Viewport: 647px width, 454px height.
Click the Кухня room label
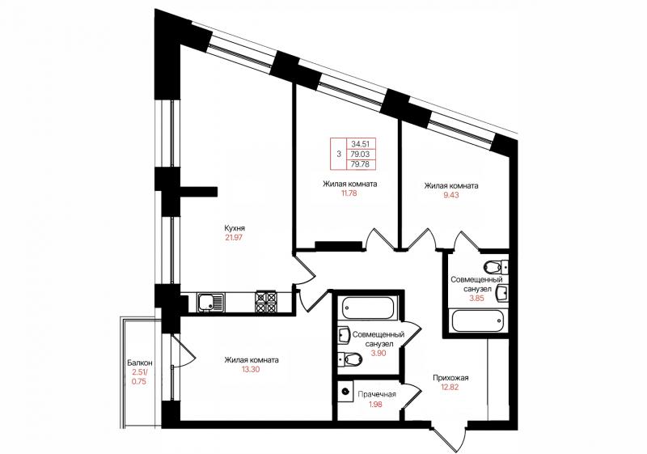(x=235, y=228)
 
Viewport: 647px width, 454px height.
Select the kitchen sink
(x=210, y=303)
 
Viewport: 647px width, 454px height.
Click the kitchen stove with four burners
(x=266, y=303)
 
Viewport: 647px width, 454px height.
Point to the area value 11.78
(x=347, y=193)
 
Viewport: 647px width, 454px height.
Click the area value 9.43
(x=451, y=195)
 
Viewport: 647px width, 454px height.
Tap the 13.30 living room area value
(x=251, y=370)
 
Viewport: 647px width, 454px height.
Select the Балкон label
(x=139, y=363)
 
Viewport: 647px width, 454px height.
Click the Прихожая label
(x=450, y=378)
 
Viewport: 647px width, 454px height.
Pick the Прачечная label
(x=377, y=395)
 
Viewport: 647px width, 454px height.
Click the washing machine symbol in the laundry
(x=346, y=390)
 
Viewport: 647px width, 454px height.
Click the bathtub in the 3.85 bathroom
(x=477, y=320)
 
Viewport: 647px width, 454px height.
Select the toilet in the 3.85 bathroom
(x=495, y=267)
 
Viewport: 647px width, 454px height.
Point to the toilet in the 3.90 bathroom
(x=349, y=359)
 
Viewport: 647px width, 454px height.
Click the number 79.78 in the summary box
(x=360, y=164)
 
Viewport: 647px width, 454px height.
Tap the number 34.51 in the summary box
(x=360, y=144)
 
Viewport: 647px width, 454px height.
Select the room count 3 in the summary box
(x=339, y=155)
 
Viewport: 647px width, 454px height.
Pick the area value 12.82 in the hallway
(x=450, y=388)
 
